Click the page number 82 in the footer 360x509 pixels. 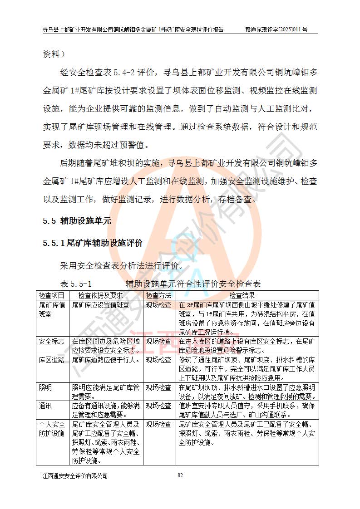pyautogui.click(x=180, y=475)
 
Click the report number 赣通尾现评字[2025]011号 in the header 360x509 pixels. pyautogui.click(x=276, y=29)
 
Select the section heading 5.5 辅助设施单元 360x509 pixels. pyautogui.click(x=77, y=221)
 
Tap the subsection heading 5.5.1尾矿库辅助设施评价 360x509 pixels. pyautogui.click(x=93, y=243)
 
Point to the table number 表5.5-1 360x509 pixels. pyautogui.click(x=76, y=284)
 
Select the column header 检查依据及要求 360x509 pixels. pyautogui.click(x=107, y=295)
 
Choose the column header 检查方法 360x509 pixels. pyautogui.click(x=159, y=295)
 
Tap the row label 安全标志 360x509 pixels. pyautogui.click(x=52, y=341)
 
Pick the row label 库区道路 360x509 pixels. pyautogui.click(x=52, y=360)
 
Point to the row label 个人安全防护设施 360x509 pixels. pyautogui.click(x=52, y=429)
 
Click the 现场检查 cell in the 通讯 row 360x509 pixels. pyautogui.click(x=159, y=406)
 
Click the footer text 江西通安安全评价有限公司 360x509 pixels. pyautogui.click(x=75, y=476)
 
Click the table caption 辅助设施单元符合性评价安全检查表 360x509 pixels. pyautogui.click(x=193, y=284)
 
